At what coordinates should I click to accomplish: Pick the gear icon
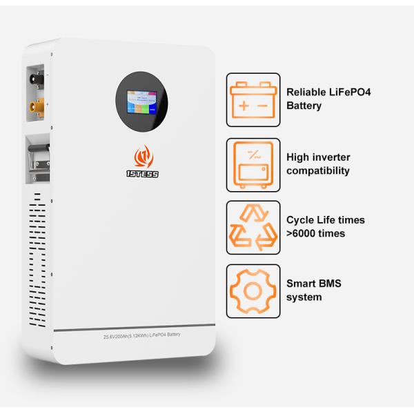tap(253, 290)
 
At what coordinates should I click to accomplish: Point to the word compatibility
tap(318, 170)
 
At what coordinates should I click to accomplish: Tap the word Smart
tap(302, 284)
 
